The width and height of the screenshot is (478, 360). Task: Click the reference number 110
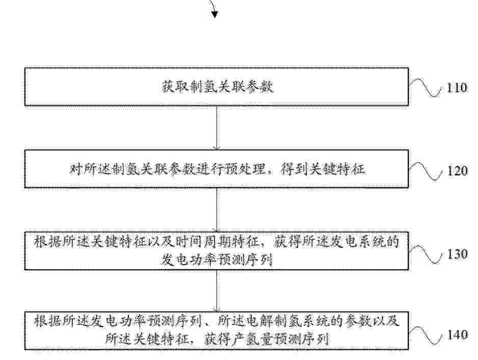(457, 88)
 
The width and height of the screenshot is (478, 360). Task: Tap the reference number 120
(457, 171)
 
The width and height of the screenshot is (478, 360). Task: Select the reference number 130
(457, 254)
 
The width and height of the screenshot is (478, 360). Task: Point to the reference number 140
(457, 335)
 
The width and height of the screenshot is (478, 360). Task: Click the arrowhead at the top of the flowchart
(215, 14)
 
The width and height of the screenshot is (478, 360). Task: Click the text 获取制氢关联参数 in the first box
(217, 87)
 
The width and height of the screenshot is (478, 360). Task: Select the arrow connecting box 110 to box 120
(217, 128)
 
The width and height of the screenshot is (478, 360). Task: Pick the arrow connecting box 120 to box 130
(217, 210)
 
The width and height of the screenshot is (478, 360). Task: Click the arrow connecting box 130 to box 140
(217, 291)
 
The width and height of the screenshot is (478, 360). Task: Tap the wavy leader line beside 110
(426, 88)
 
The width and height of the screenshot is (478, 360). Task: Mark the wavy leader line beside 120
(426, 171)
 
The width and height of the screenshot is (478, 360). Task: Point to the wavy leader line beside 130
(426, 254)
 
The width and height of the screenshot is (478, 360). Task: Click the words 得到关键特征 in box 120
(323, 170)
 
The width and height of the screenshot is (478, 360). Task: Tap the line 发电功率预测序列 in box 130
(217, 260)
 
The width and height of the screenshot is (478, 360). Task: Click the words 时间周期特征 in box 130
(218, 242)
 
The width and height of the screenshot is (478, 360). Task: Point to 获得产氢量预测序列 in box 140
(266, 339)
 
